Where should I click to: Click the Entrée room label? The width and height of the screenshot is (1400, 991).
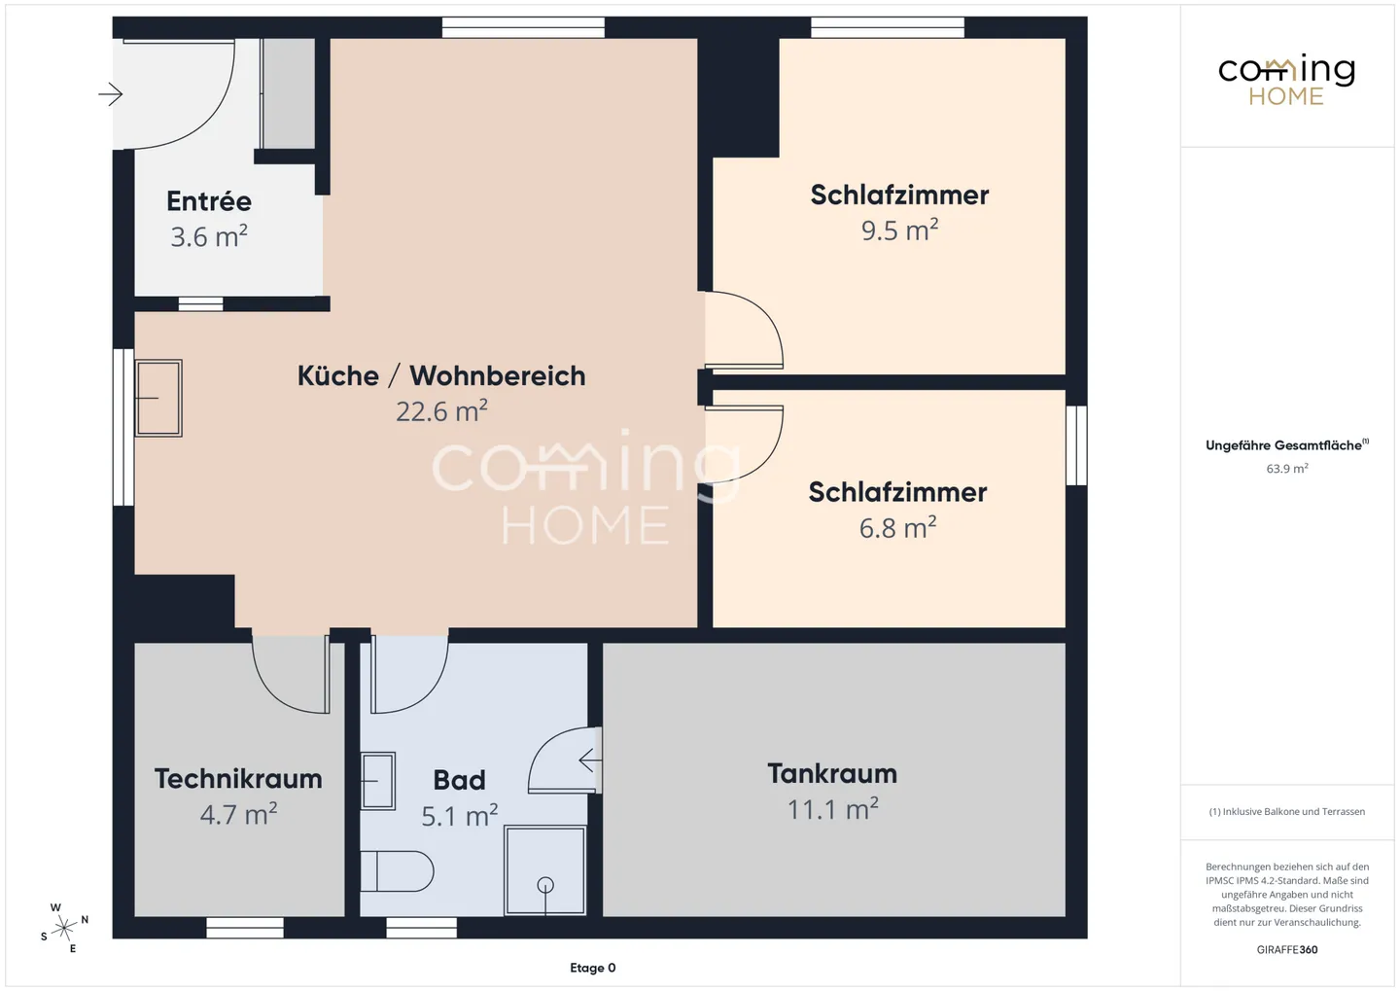point(209,201)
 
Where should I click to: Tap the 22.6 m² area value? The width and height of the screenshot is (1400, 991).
point(441,411)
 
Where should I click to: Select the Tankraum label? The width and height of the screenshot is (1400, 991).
point(832,773)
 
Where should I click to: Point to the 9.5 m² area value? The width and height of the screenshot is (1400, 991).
point(899,230)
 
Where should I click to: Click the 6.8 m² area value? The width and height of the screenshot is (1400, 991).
point(897,528)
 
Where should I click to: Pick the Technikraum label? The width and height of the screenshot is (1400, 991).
point(238,779)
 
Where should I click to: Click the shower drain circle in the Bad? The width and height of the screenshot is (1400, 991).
point(545,885)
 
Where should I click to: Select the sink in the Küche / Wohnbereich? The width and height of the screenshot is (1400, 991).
point(157,398)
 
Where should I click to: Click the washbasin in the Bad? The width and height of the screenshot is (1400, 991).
point(378,780)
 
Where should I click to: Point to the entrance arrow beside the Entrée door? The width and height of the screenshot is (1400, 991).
point(110,94)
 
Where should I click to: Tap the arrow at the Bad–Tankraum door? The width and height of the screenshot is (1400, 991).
point(588,760)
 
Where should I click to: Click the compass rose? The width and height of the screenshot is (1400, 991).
point(64,928)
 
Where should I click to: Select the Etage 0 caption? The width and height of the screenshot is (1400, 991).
point(592,968)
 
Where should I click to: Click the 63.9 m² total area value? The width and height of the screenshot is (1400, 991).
point(1286,469)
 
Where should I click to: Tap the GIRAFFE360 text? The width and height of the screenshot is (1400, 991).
point(1286,950)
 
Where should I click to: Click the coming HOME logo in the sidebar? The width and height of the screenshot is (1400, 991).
point(1286,80)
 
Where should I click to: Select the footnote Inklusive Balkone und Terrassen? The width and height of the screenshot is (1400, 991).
point(1286,812)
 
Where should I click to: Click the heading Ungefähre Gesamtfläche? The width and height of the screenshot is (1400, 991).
point(1285,445)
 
